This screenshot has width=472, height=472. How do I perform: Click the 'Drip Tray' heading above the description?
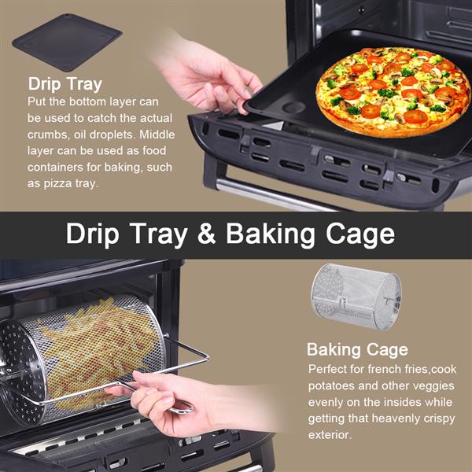pyautogui.click(x=65, y=84)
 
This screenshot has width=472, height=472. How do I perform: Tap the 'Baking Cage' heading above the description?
pyautogui.click(x=357, y=349)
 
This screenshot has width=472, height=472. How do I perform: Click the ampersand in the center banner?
pyautogui.click(x=206, y=234)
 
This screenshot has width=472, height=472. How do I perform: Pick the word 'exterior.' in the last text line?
pyautogui.click(x=330, y=435)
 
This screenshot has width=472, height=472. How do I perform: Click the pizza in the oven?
pyautogui.click(x=393, y=92)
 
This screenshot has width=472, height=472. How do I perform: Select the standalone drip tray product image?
pyautogui.click(x=67, y=42)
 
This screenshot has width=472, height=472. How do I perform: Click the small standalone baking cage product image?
pyautogui.click(x=356, y=297)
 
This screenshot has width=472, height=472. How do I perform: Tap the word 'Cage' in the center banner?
pyautogui.click(x=360, y=234)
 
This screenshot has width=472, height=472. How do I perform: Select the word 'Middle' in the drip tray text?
pyautogui.click(x=157, y=135)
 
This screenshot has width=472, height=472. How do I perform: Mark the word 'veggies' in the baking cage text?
pyautogui.click(x=435, y=386)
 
